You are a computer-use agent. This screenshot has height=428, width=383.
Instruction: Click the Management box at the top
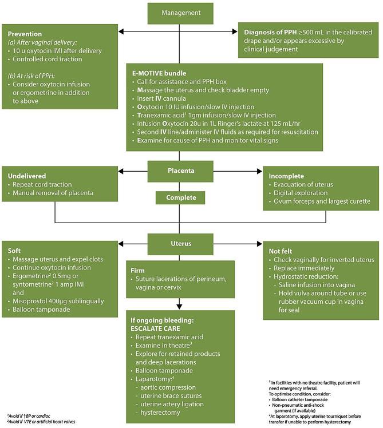click(x=180, y=13)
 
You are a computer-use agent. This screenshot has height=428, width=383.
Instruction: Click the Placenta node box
click(x=180, y=170)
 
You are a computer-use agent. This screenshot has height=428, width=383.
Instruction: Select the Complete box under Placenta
click(x=180, y=197)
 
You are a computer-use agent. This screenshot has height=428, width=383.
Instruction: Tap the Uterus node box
click(x=180, y=243)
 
